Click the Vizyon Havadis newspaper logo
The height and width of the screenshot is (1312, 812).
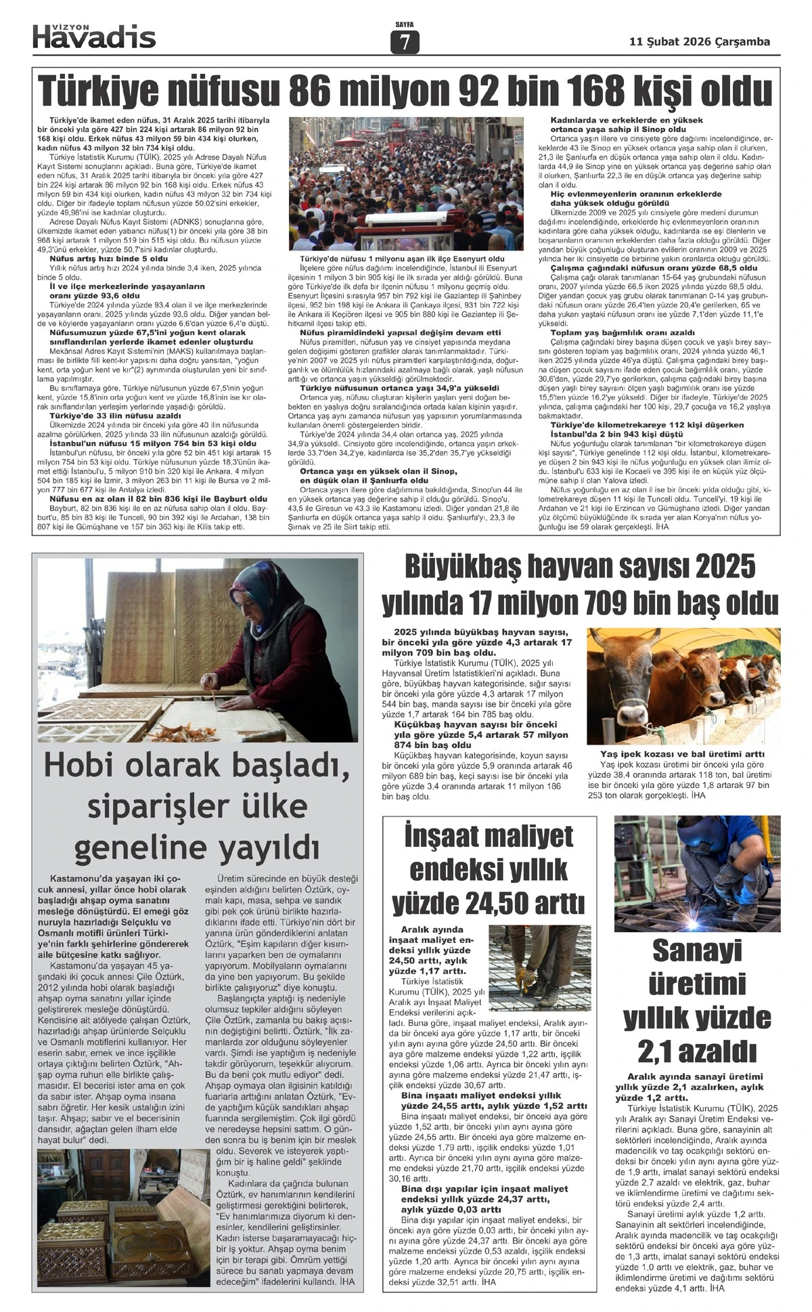tap(94, 36)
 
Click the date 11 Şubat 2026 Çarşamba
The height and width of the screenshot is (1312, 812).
tap(700, 41)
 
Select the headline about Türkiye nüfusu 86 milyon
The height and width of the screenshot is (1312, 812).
tap(405, 91)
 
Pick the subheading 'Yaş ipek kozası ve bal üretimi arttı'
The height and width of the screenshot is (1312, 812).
tap(683, 753)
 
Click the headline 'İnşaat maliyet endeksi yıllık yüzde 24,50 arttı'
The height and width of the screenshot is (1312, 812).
tap(489, 869)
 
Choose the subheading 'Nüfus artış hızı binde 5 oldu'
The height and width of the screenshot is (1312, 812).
tap(108, 259)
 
